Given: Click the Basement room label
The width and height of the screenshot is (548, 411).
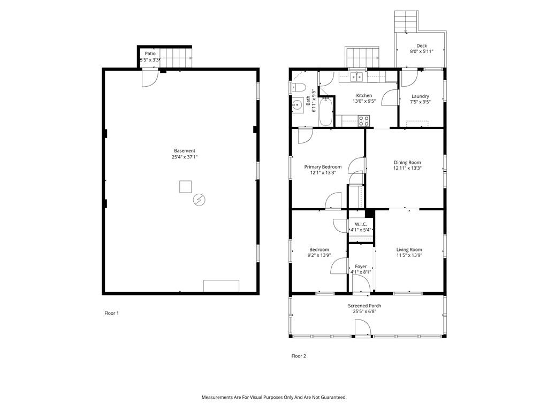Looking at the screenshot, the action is pyautogui.click(x=185, y=150).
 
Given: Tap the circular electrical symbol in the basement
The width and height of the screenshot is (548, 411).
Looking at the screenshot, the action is pyautogui.click(x=199, y=200).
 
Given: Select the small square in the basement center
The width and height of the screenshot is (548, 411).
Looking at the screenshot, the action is pyautogui.click(x=186, y=187).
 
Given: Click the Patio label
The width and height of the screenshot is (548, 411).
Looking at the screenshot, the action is pyautogui.click(x=150, y=54).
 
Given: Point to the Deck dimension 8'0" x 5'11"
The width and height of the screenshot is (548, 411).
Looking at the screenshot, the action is pyautogui.click(x=422, y=51).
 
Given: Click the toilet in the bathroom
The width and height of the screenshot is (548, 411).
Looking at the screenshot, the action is pyautogui.click(x=300, y=87).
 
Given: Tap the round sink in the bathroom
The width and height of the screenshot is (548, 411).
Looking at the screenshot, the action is pyautogui.click(x=298, y=104).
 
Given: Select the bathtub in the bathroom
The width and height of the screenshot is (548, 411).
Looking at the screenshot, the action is pyautogui.click(x=326, y=111).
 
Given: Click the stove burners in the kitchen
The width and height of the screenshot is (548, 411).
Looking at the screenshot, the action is pyautogui.click(x=363, y=121).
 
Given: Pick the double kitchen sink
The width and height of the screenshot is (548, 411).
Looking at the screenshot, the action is pyautogui.click(x=356, y=77).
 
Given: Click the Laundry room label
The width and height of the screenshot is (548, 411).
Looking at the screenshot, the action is pyautogui.click(x=420, y=96).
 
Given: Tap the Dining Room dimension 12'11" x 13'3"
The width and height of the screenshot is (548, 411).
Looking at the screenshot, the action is pyautogui.click(x=407, y=168).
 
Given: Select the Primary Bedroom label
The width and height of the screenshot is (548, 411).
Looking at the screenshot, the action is pyautogui.click(x=323, y=167).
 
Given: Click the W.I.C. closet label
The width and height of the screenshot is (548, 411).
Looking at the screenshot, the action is pyautogui.click(x=361, y=224).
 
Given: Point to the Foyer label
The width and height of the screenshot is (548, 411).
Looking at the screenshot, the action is pyautogui.click(x=361, y=267).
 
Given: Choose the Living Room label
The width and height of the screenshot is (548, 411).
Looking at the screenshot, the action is pyautogui.click(x=409, y=249).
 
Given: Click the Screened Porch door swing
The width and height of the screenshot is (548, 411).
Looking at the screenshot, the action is pyautogui.click(x=363, y=328).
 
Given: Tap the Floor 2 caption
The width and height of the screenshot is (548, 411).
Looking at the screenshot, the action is pyautogui.click(x=299, y=356).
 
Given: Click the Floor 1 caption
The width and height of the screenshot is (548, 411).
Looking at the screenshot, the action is pyautogui.click(x=111, y=313).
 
